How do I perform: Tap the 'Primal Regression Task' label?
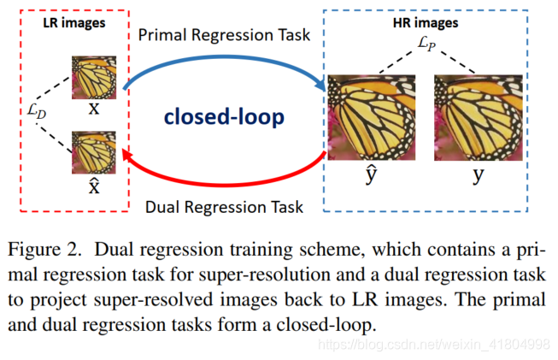coord(224,35)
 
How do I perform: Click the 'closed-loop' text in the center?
coord(225,116)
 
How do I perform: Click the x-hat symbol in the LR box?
coord(95,186)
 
